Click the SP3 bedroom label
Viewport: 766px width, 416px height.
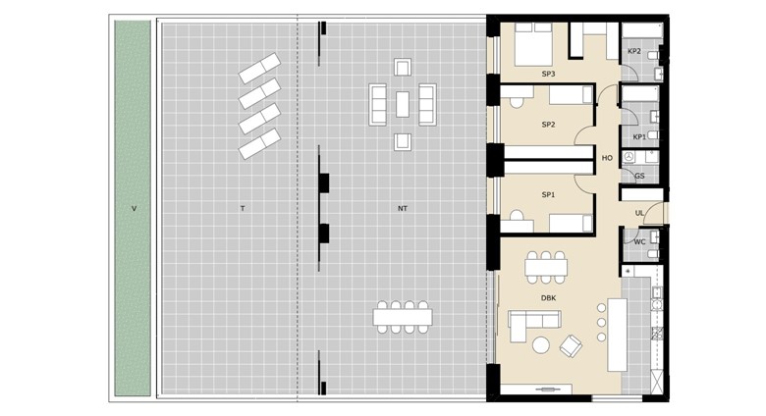tap(548, 75)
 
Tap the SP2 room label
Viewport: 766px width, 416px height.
tap(548, 125)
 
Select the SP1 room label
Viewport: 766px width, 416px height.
tap(548, 195)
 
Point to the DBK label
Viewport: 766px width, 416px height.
tap(548, 298)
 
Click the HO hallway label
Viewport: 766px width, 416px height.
tap(607, 158)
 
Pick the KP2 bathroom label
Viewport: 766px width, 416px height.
tap(634, 51)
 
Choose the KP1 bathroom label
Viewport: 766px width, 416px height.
tap(639, 137)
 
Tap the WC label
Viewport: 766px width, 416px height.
tap(639, 241)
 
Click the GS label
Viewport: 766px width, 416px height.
tap(639, 176)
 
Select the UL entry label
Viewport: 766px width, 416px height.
tap(639, 213)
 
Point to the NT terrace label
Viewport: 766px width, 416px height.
tap(402, 208)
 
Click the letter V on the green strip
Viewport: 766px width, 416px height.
tap(134, 208)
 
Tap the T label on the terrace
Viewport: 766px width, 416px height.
tap(243, 208)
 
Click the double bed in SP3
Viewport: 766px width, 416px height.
tap(533, 44)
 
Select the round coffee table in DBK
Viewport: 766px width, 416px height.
tap(541, 345)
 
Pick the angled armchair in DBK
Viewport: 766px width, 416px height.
tap(571, 345)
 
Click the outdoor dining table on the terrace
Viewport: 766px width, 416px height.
tap(403, 317)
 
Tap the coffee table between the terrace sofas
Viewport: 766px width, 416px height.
tap(403, 104)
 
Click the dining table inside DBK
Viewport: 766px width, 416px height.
tap(546, 268)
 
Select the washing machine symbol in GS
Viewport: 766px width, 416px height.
tap(629, 157)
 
